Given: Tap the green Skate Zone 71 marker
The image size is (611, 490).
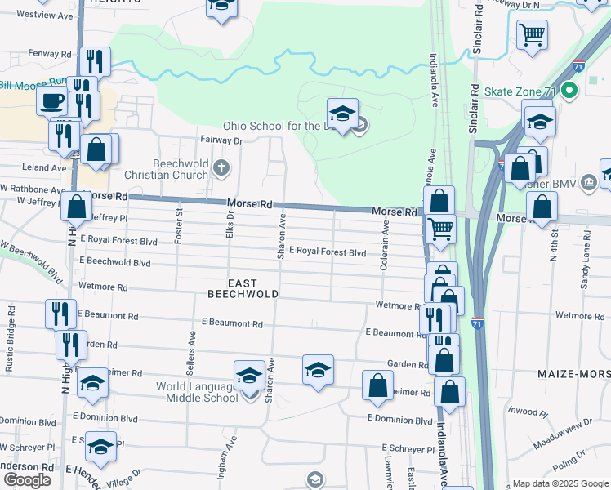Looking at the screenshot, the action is [x=572, y=91].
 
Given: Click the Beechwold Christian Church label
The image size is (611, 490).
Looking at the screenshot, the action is [x=167, y=168].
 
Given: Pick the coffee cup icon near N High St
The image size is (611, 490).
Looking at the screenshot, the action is [x=53, y=101].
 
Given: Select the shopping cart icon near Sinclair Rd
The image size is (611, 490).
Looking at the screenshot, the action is [x=532, y=35].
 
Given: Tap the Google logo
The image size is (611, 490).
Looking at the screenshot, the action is [x=27, y=480].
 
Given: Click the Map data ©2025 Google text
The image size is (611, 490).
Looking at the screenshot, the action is [x=560, y=483].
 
